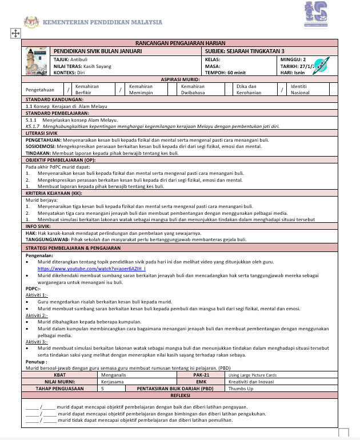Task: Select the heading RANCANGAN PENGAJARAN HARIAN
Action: pyautogui.click(x=180, y=43)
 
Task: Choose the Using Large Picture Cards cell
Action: pyautogui.click(x=252, y=375)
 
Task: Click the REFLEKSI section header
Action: pyautogui.click(x=180, y=395)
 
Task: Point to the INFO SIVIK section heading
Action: pyautogui.click(x=39, y=226)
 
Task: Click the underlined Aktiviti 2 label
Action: pyautogui.click(x=37, y=315)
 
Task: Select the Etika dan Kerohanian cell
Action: pyautogui.click(x=247, y=90)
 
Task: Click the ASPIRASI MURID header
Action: pyautogui.click(x=180, y=79)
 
